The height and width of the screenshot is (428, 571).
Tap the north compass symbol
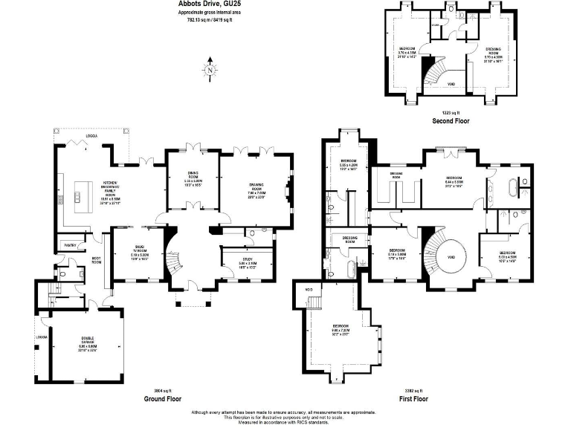click(x=210, y=71)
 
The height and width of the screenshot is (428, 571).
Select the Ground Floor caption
click(x=163, y=399)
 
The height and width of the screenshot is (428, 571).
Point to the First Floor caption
click(x=413, y=399)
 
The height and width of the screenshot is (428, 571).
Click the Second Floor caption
click(x=451, y=120)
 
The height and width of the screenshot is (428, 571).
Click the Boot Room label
click(x=96, y=261)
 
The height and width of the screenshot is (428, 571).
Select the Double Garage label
click(x=88, y=342)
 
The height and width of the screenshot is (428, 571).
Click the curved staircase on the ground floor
click(x=172, y=260)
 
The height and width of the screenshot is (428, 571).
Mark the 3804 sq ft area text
click(x=163, y=390)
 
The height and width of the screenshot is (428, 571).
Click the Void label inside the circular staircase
click(x=451, y=257)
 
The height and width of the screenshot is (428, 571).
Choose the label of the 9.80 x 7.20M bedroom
click(x=341, y=326)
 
